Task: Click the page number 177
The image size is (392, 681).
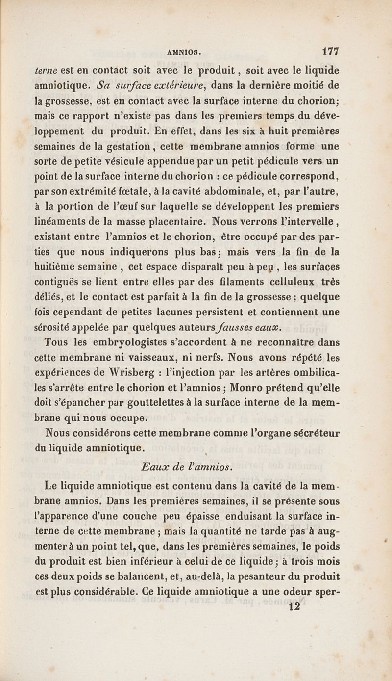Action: (x=331, y=51)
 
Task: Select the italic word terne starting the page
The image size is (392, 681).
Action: (x=45, y=71)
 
